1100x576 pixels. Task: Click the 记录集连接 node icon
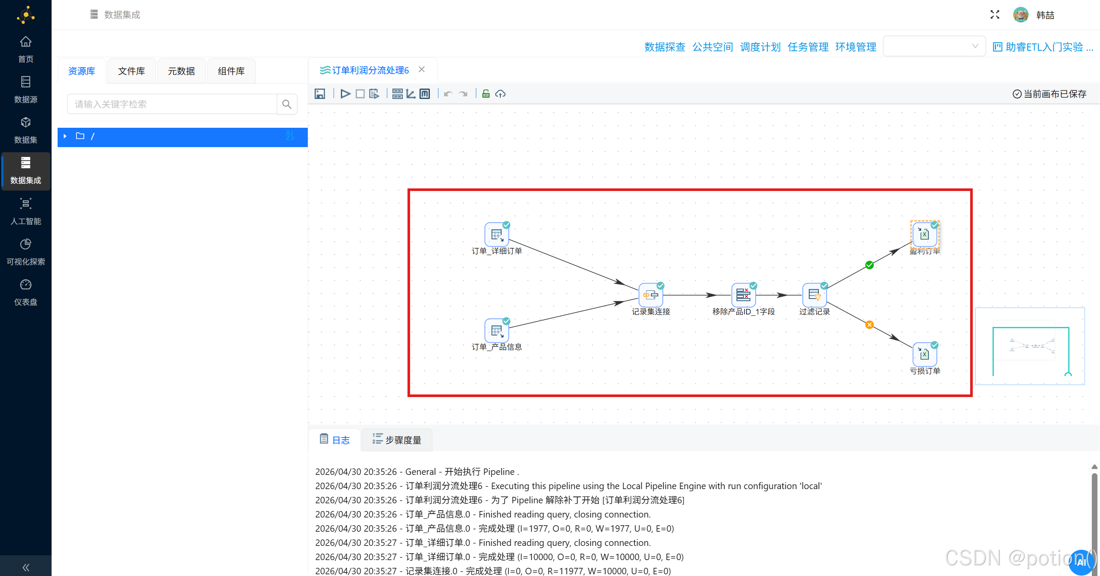click(650, 295)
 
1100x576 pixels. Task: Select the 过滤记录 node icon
click(814, 295)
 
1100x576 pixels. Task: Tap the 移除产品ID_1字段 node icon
click(743, 295)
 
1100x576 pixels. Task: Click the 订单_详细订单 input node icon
click(496, 235)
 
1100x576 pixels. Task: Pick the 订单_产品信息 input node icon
click(496, 331)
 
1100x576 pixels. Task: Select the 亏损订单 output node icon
click(924, 354)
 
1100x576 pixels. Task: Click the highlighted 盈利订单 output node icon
click(924, 234)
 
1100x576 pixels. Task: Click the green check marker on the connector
click(869, 265)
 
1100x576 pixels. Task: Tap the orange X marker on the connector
click(869, 325)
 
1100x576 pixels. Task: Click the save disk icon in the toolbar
click(320, 94)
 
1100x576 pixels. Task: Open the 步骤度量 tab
click(397, 440)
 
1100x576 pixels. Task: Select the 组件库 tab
click(231, 71)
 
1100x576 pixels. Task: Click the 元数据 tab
click(181, 71)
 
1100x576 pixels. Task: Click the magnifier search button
click(287, 104)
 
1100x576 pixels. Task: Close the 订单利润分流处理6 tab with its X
click(422, 70)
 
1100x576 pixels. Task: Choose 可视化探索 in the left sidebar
click(26, 252)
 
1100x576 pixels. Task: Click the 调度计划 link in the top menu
click(760, 47)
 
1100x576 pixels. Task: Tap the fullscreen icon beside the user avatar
click(995, 15)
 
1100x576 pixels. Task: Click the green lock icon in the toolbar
click(486, 94)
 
